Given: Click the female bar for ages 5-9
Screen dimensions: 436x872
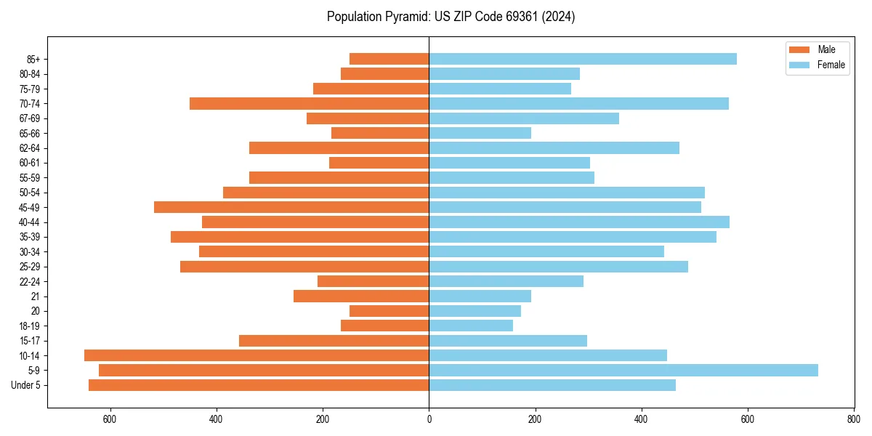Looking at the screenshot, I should (623, 370).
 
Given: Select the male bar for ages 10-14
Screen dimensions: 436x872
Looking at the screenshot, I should (257, 355).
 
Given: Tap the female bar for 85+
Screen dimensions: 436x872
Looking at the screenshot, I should (583, 59).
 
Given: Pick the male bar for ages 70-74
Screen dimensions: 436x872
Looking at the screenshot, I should (309, 103).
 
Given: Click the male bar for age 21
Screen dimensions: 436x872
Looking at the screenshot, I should (361, 296).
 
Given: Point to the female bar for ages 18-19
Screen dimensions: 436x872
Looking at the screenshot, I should (471, 326).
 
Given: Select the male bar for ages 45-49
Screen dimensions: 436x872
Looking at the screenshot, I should (291, 207).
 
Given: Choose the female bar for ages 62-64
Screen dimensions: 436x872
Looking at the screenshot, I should (554, 148).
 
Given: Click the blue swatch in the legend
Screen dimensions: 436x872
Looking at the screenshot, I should (799, 65).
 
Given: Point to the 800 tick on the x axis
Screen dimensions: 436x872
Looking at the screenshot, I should (854, 419).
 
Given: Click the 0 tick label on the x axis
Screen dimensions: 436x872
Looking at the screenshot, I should (429, 419).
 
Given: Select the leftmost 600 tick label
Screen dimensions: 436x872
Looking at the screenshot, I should (110, 419).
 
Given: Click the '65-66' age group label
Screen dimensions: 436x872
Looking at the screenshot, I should (30, 133).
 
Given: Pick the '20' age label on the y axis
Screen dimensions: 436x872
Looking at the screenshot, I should (36, 311).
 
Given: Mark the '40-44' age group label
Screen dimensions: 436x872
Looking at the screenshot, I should (30, 222).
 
